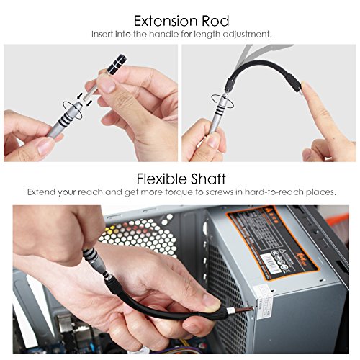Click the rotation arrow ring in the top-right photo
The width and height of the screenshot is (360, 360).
pos(215,99)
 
